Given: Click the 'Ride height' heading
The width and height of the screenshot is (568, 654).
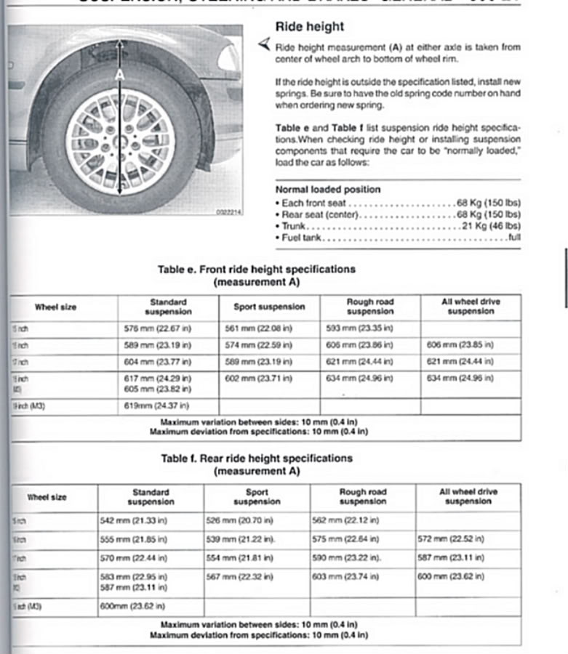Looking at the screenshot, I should pyautogui.click(x=309, y=27).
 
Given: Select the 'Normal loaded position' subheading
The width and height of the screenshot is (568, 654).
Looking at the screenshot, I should pyautogui.click(x=327, y=190).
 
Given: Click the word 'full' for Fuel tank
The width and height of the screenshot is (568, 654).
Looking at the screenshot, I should pyautogui.click(x=514, y=238).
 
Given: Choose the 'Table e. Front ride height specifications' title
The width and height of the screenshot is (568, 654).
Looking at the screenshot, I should pyautogui.click(x=257, y=270).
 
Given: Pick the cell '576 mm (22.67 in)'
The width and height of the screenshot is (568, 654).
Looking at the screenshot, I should pyautogui.click(x=158, y=328).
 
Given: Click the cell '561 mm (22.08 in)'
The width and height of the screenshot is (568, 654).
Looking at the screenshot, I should pyautogui.click(x=258, y=328).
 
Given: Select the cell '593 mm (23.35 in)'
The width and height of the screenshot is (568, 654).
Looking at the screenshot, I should pyautogui.click(x=360, y=328).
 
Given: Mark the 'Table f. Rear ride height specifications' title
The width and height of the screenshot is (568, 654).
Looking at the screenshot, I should pyautogui.click(x=257, y=459).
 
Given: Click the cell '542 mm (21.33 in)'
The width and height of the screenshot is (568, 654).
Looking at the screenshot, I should pyautogui.click(x=133, y=521).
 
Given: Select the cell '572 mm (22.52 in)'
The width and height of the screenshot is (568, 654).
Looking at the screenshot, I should pyautogui.click(x=451, y=539).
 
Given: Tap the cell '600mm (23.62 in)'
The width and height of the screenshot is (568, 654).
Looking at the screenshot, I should pyautogui.click(x=132, y=606).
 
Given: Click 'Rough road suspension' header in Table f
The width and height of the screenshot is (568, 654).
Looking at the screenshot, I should pyautogui.click(x=363, y=497).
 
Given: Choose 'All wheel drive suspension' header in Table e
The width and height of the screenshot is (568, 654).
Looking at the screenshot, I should pyautogui.click(x=470, y=306).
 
